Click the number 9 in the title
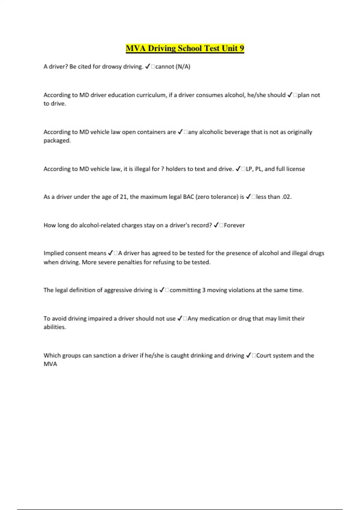pyautogui.click(x=241, y=48)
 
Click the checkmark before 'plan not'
pyautogui.click(x=290, y=95)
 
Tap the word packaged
pyautogui.click(x=57, y=141)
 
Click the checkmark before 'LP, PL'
pyautogui.click(x=238, y=169)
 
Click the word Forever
pyautogui.click(x=234, y=225)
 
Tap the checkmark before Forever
pyautogui.click(x=216, y=225)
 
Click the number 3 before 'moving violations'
pyautogui.click(x=204, y=290)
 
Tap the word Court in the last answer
pyautogui.click(x=263, y=355)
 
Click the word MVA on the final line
pyautogui.click(x=50, y=364)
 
